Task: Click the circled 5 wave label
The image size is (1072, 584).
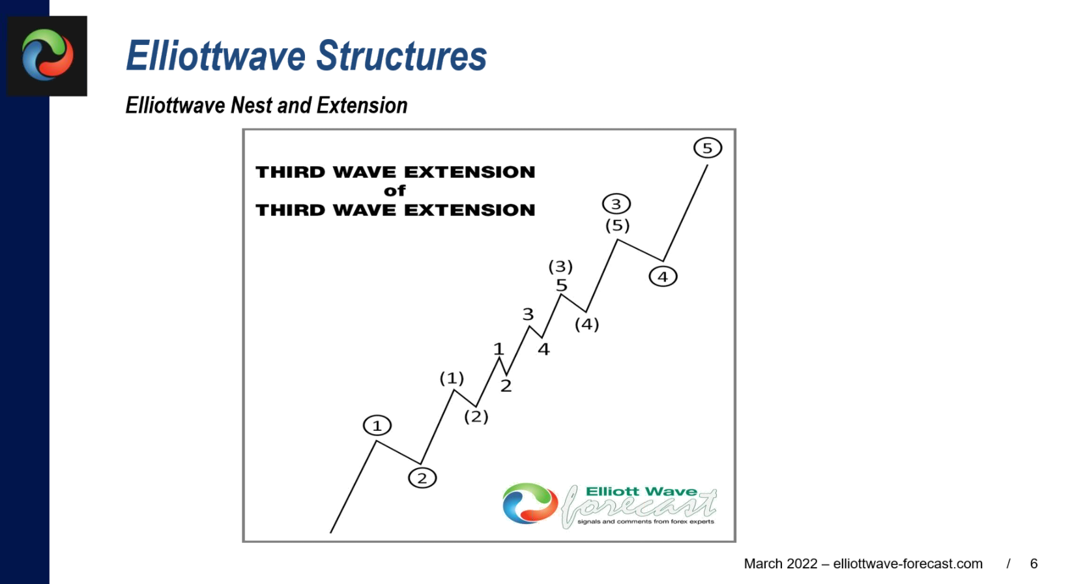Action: (707, 148)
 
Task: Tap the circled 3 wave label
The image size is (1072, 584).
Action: (616, 205)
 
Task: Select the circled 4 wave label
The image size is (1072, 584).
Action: (663, 276)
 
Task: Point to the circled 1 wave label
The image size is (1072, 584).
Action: (377, 426)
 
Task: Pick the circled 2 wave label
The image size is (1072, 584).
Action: (422, 478)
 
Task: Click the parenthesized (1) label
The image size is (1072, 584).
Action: (452, 379)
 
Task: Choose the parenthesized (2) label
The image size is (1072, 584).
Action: (476, 416)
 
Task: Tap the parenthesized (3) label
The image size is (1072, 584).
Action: (560, 266)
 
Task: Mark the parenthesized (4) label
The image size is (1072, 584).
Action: (587, 325)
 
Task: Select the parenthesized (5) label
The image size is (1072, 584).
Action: (617, 226)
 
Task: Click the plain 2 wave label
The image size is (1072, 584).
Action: (506, 386)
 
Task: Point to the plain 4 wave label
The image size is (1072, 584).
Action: (543, 349)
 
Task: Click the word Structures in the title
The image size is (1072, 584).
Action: (401, 56)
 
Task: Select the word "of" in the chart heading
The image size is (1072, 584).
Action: (395, 191)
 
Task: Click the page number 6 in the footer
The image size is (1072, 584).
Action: (1034, 564)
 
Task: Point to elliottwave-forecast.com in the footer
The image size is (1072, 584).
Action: (908, 564)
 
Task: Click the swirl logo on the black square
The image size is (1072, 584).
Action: (48, 55)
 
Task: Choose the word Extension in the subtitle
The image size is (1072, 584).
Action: (362, 106)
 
